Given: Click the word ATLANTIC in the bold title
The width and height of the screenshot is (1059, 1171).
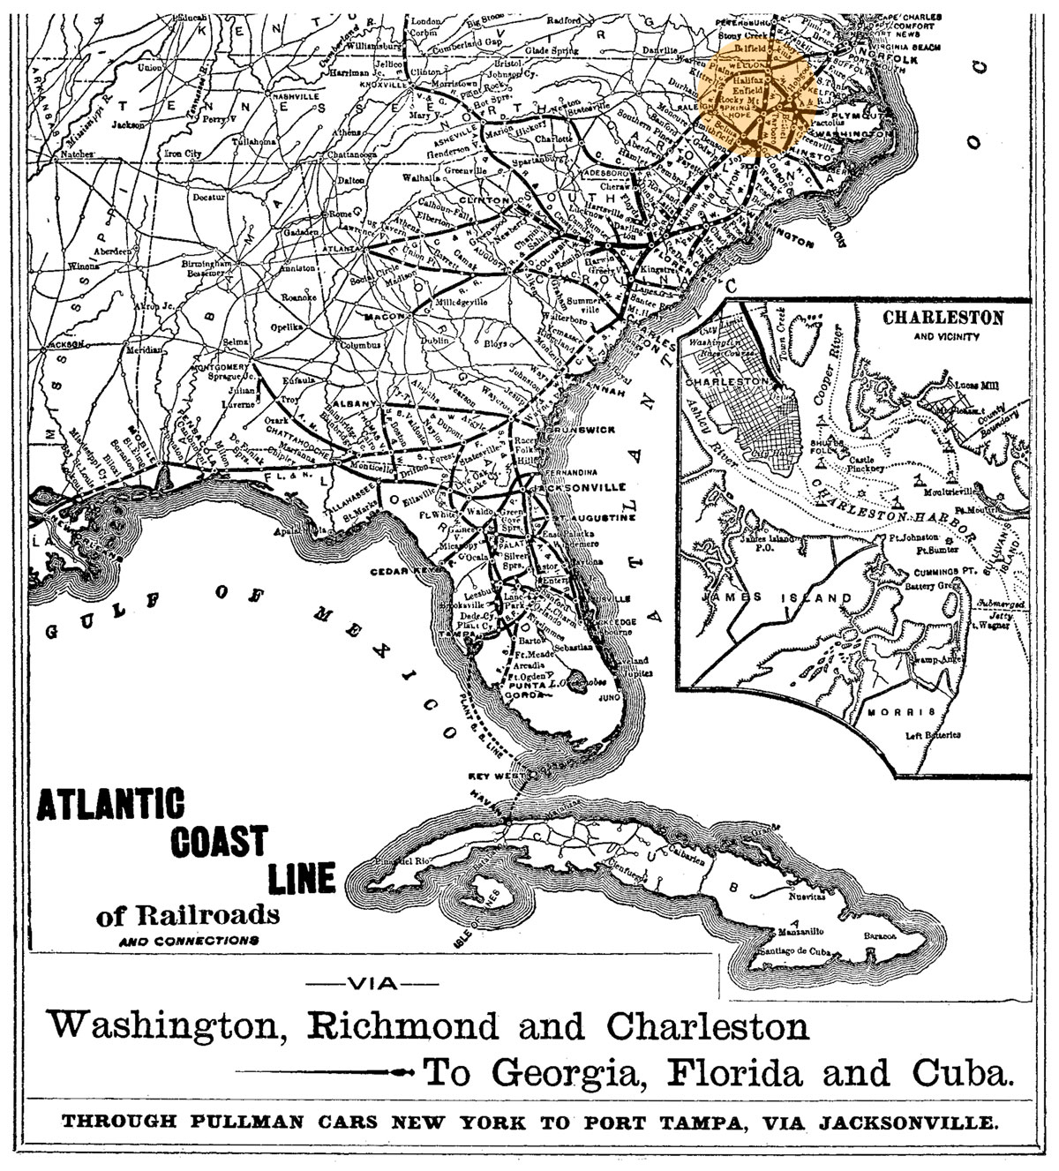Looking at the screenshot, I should tap(110, 806).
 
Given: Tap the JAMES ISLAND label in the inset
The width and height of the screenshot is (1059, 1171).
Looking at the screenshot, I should tap(774, 598).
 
